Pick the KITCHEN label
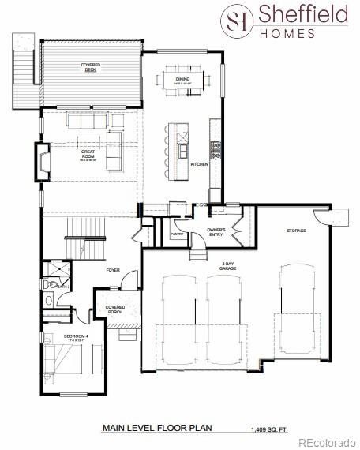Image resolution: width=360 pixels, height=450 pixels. (199, 164)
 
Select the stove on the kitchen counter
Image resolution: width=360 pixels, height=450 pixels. (213, 146)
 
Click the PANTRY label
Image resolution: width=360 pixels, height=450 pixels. (176, 234)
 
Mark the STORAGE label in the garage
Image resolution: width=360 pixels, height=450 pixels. (296, 231)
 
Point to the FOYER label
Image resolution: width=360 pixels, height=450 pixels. (113, 270)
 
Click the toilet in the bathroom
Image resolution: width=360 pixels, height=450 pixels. (51, 283)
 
